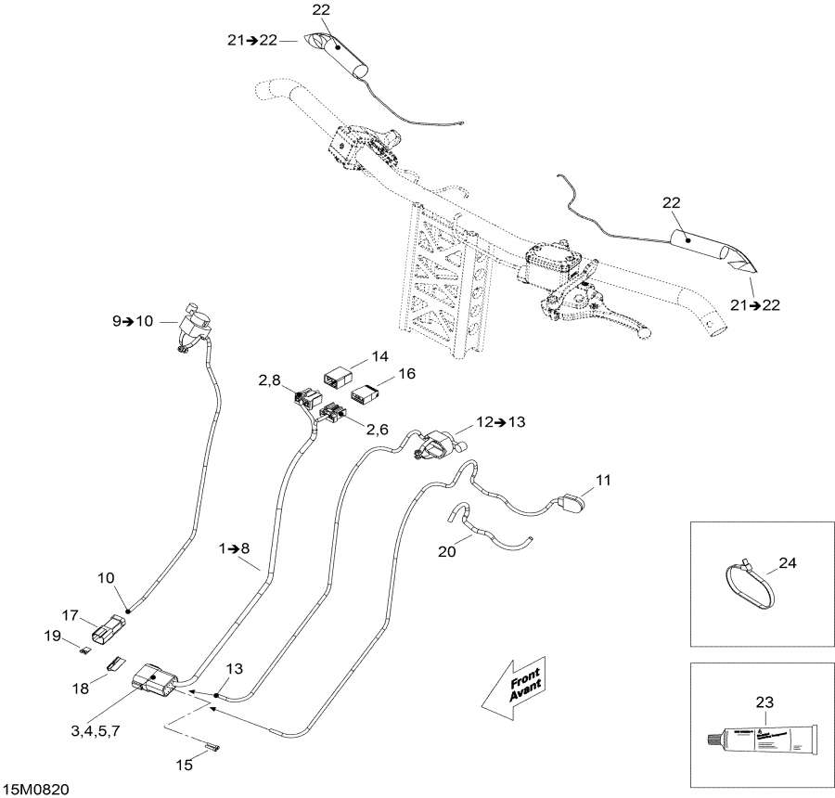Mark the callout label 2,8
click(x=270, y=381)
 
